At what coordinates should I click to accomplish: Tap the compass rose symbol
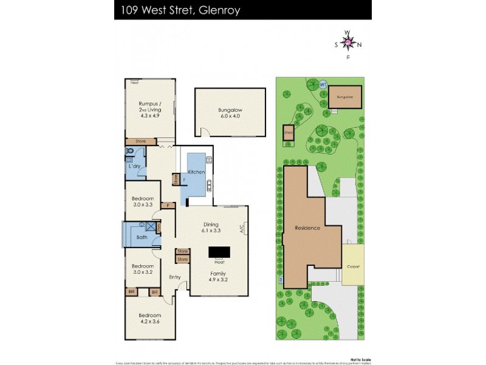click(x=347, y=43)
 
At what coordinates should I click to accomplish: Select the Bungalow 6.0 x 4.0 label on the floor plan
click(x=230, y=113)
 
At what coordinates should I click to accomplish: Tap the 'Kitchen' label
click(x=196, y=173)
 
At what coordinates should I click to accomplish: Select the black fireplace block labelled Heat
click(x=219, y=252)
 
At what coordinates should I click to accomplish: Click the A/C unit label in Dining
click(x=241, y=229)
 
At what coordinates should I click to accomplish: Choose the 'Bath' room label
click(x=142, y=237)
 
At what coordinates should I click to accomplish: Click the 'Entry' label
click(x=175, y=277)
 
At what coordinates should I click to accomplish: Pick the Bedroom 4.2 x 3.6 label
click(x=149, y=318)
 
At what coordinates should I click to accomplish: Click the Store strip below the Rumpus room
click(x=141, y=141)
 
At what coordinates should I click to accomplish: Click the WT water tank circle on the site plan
click(x=323, y=85)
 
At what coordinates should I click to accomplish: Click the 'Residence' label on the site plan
click(x=307, y=228)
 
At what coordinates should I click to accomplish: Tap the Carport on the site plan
click(x=352, y=266)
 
